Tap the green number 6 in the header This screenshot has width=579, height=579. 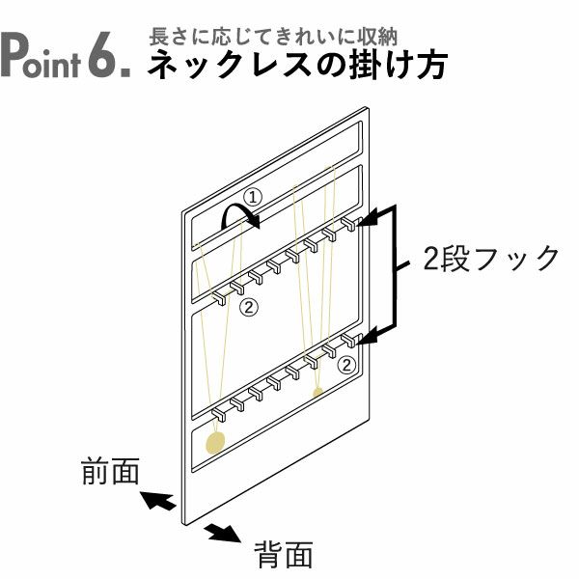[103, 57]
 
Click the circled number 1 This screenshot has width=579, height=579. [251, 197]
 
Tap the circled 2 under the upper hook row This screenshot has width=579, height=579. [248, 308]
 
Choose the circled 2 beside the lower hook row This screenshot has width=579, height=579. [347, 364]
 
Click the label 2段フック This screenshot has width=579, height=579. [492, 259]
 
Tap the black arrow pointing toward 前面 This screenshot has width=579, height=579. [157, 501]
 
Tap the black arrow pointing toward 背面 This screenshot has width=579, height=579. [224, 532]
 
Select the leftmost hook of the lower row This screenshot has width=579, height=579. [217, 415]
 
